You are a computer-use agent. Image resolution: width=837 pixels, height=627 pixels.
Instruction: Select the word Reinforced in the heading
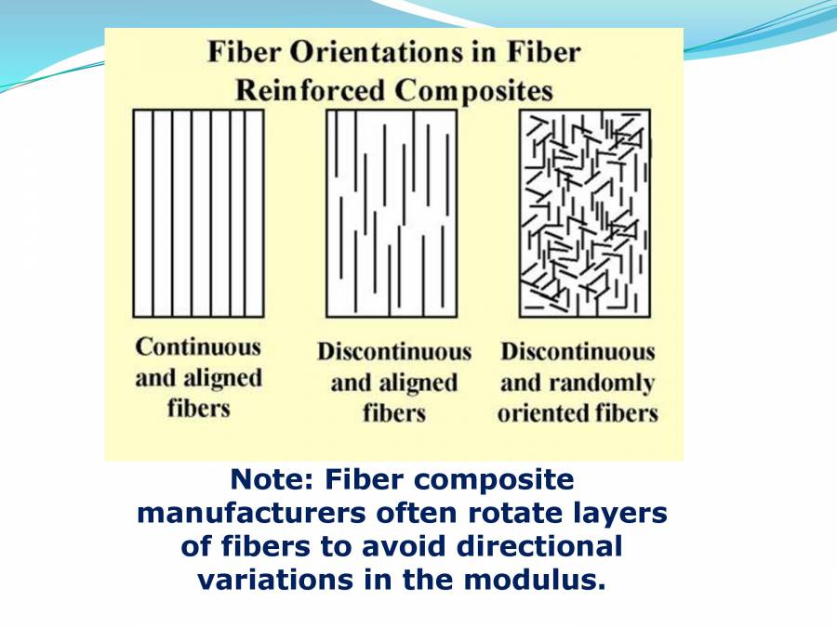pyautogui.click(x=310, y=91)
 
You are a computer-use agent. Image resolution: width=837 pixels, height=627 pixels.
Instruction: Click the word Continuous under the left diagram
pyautogui.click(x=198, y=347)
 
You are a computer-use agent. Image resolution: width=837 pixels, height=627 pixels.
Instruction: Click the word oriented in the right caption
pyautogui.click(x=542, y=413)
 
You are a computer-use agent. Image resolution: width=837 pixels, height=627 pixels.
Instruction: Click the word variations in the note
pyautogui.click(x=266, y=579)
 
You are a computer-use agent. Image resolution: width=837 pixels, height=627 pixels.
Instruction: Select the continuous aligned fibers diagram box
pyautogui.click(x=198, y=213)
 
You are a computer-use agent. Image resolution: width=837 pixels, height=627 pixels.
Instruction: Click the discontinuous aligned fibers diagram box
pyautogui.click(x=391, y=213)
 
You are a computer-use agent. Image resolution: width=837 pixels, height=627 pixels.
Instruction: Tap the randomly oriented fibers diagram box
pyautogui.click(x=584, y=213)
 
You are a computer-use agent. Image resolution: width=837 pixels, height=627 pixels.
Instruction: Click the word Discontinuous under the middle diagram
pyautogui.click(x=394, y=353)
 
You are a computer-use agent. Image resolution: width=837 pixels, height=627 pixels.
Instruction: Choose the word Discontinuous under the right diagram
pyautogui.click(x=578, y=353)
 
